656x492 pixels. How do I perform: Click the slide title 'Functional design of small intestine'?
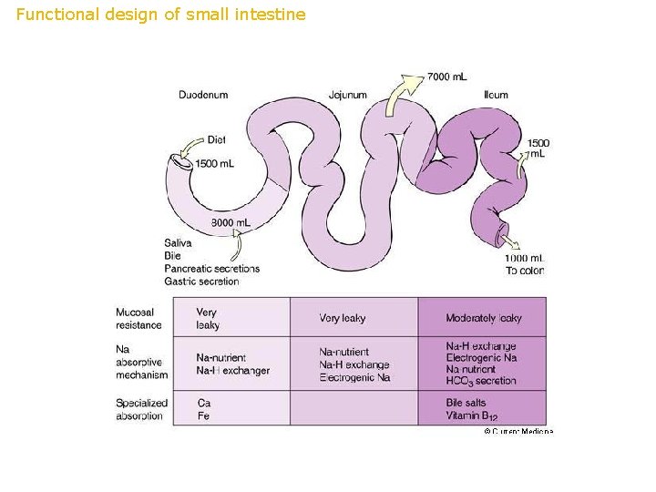(161, 15)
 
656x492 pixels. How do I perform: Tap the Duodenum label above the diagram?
(203, 95)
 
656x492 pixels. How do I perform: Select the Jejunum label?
(347, 95)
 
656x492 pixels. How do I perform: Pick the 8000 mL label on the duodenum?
(231, 223)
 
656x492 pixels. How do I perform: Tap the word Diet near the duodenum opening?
(216, 139)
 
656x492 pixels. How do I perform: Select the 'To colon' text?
(525, 271)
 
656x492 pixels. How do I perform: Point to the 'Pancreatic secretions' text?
(211, 269)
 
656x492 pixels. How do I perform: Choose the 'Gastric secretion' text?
(201, 282)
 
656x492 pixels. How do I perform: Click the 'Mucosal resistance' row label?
(138, 319)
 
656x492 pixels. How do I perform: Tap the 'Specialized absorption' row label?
(141, 409)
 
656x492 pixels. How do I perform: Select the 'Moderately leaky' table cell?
(484, 318)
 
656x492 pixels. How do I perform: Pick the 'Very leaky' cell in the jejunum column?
(343, 318)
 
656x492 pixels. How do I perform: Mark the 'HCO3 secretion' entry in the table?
(481, 382)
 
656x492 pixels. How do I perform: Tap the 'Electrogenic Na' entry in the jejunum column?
(354, 377)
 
